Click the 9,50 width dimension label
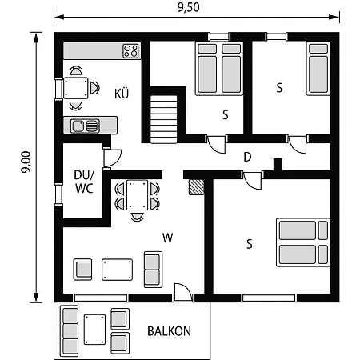pos(189,7)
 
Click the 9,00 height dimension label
pos(26,162)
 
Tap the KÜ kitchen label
pos(122,94)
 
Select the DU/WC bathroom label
pos(84,182)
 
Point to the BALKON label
pos(169,331)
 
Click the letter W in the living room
pos(168,238)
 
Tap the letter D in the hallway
pos(247,157)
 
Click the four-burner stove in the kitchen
pos(130,51)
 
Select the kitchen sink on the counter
pos(85,126)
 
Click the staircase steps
pos(163,119)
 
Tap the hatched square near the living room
pos(197,187)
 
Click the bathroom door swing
pos(112,158)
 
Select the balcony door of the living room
pos(183,293)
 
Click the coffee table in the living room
pos(117,270)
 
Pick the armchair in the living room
pos(82,270)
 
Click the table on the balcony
pos(94,330)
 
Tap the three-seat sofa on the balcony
pos(70,331)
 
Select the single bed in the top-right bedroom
pos(318,68)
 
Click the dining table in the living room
pos(137,195)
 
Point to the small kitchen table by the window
pos(76,88)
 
